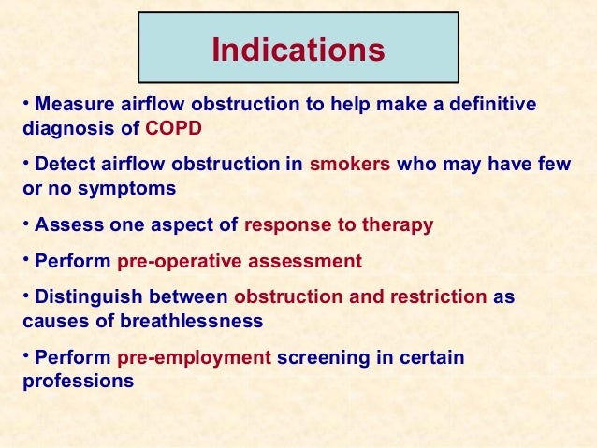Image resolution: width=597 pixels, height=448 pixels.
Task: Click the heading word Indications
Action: (298, 50)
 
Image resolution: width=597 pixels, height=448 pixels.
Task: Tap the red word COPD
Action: (173, 128)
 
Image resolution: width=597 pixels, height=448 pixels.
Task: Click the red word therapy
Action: (400, 225)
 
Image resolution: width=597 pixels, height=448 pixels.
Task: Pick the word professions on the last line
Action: (78, 381)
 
